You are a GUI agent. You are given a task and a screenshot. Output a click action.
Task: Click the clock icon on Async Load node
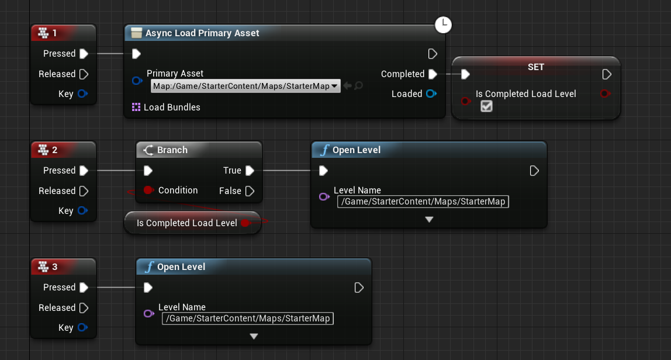[444, 25]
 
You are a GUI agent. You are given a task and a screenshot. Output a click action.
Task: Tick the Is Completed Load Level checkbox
[486, 106]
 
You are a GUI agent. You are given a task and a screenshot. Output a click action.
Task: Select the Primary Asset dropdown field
[245, 86]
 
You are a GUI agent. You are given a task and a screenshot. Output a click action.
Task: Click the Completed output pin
[433, 74]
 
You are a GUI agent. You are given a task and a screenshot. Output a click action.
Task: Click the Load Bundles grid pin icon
[136, 107]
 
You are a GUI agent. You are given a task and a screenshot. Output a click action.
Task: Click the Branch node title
[172, 150]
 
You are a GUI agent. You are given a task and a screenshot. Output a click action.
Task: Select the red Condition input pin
[148, 191]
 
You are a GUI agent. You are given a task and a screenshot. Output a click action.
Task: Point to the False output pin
[250, 191]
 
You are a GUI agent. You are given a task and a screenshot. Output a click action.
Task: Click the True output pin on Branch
[250, 171]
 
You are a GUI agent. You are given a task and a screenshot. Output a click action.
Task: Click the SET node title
[535, 67]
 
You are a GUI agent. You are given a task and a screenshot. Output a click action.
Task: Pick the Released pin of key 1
[84, 74]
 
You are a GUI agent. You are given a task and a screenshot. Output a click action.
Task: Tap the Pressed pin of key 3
[84, 288]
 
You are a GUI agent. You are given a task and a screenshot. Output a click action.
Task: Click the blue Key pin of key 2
[82, 211]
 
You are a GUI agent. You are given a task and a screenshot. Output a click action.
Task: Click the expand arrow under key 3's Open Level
[254, 337]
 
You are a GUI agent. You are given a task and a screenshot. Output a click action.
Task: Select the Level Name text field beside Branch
[423, 202]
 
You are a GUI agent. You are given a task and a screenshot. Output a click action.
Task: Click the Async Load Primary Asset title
[202, 33]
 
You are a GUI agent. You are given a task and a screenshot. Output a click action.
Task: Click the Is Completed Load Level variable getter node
[187, 223]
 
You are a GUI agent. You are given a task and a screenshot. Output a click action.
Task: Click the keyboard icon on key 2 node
[43, 150]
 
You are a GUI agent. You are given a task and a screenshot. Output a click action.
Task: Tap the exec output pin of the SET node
[607, 74]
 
